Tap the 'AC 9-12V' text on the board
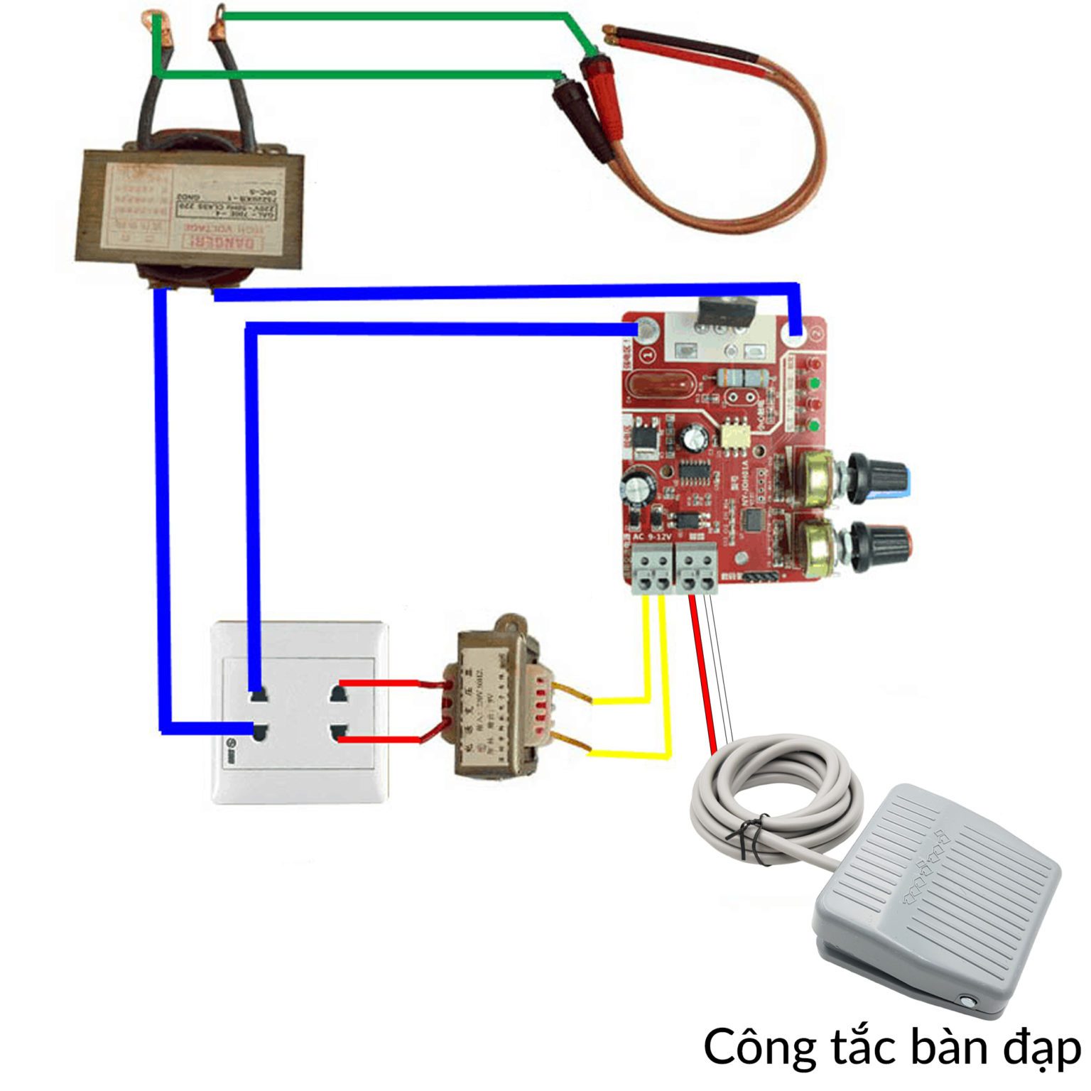point(652,537)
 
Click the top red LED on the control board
point(815,364)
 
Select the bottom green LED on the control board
point(815,426)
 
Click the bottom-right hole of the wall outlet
point(338,732)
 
